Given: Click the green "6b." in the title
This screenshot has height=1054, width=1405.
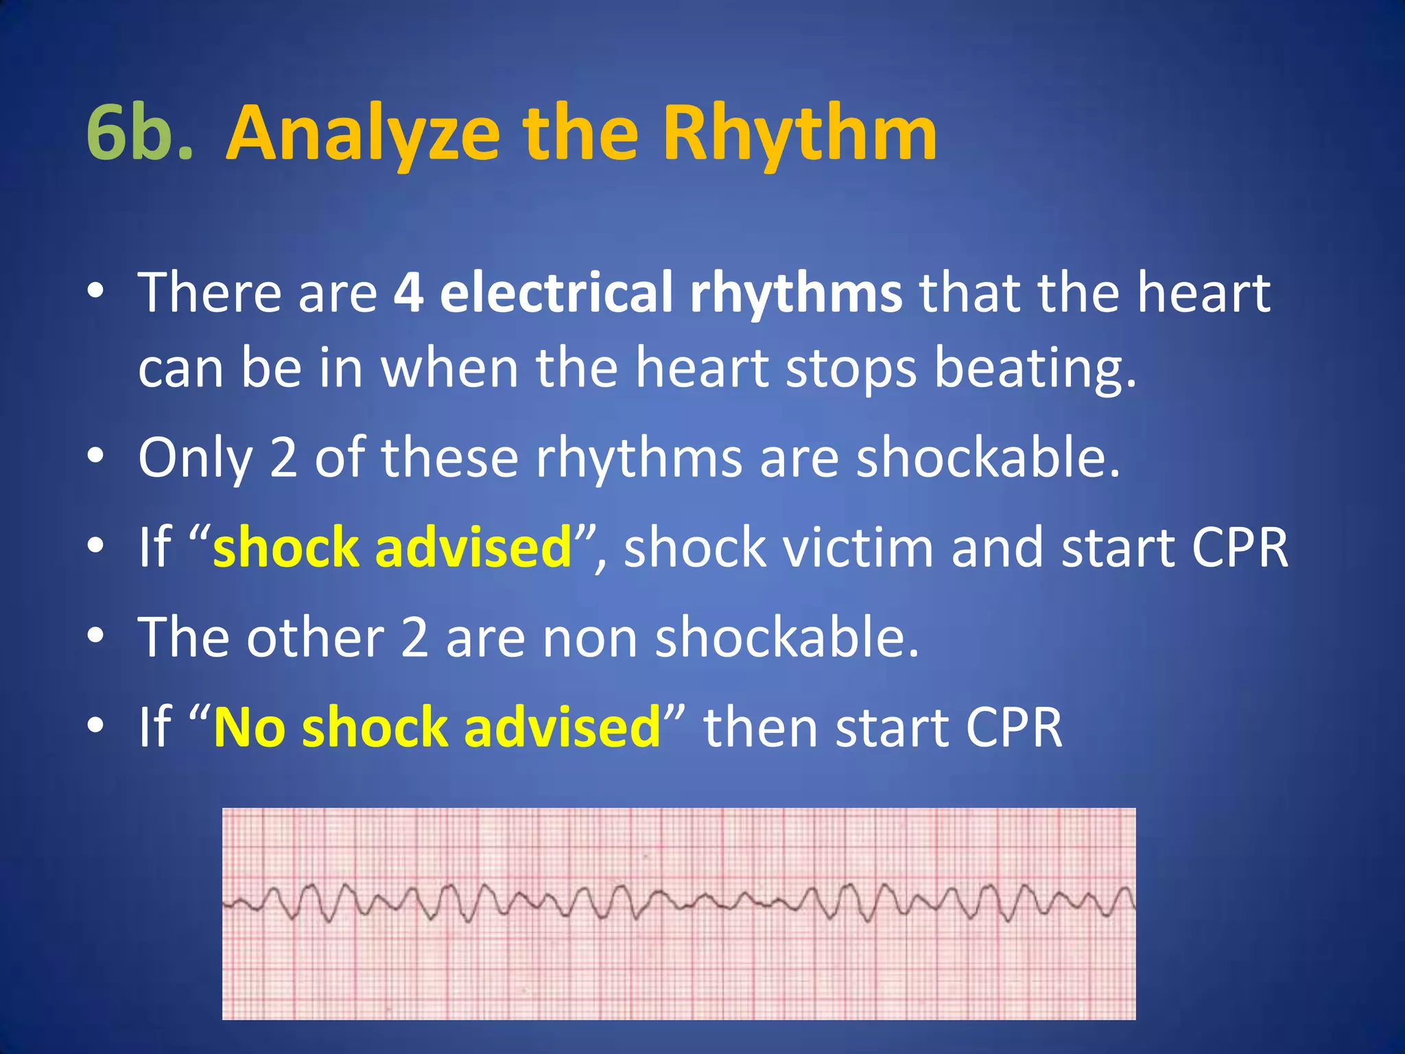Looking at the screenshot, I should (140, 132).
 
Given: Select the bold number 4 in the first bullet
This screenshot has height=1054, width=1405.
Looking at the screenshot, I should (408, 292).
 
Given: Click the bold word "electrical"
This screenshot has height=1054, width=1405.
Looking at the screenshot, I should (556, 292).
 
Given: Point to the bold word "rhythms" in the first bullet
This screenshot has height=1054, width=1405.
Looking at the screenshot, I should (796, 292).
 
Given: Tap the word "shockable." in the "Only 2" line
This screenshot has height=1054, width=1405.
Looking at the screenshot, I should (988, 458).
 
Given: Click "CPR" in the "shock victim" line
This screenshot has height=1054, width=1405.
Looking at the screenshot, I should (1240, 548).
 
